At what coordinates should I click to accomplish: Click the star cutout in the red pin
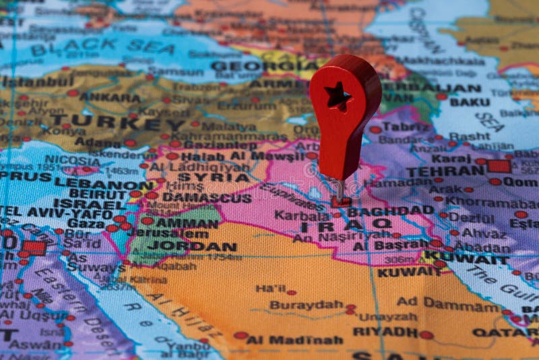point(338,96)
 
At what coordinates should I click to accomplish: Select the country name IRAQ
point(346,224)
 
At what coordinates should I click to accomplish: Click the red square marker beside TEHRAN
point(499,167)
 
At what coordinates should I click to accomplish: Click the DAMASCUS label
point(207,198)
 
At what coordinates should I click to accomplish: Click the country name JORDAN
point(192,246)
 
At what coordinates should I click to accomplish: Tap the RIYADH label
point(385,332)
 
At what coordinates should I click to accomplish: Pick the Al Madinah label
point(294,340)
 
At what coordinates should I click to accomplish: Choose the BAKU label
point(470,102)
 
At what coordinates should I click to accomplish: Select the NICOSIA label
point(72,161)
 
